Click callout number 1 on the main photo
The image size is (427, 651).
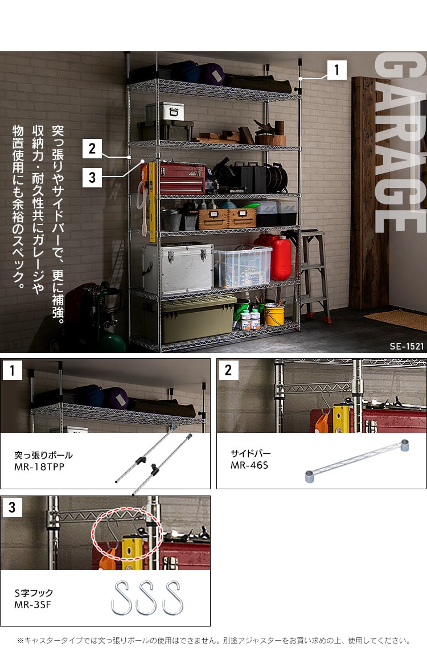[x=336, y=71]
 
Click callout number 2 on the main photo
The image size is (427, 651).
[x=92, y=149]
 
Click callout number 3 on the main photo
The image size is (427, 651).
[x=92, y=177]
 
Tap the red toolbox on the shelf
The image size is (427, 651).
[x=181, y=179]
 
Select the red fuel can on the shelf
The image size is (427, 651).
[x=276, y=256]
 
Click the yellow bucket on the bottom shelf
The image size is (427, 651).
[x=274, y=314]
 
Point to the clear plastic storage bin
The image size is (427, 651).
[x=243, y=267]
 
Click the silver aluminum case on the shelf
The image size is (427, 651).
[x=178, y=268]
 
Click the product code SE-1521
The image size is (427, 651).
[x=407, y=346]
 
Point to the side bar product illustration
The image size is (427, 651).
[x=357, y=462]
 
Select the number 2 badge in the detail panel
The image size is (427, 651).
[x=228, y=370]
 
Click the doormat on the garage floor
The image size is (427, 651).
[x=396, y=320]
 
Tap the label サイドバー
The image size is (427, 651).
[x=251, y=454]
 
